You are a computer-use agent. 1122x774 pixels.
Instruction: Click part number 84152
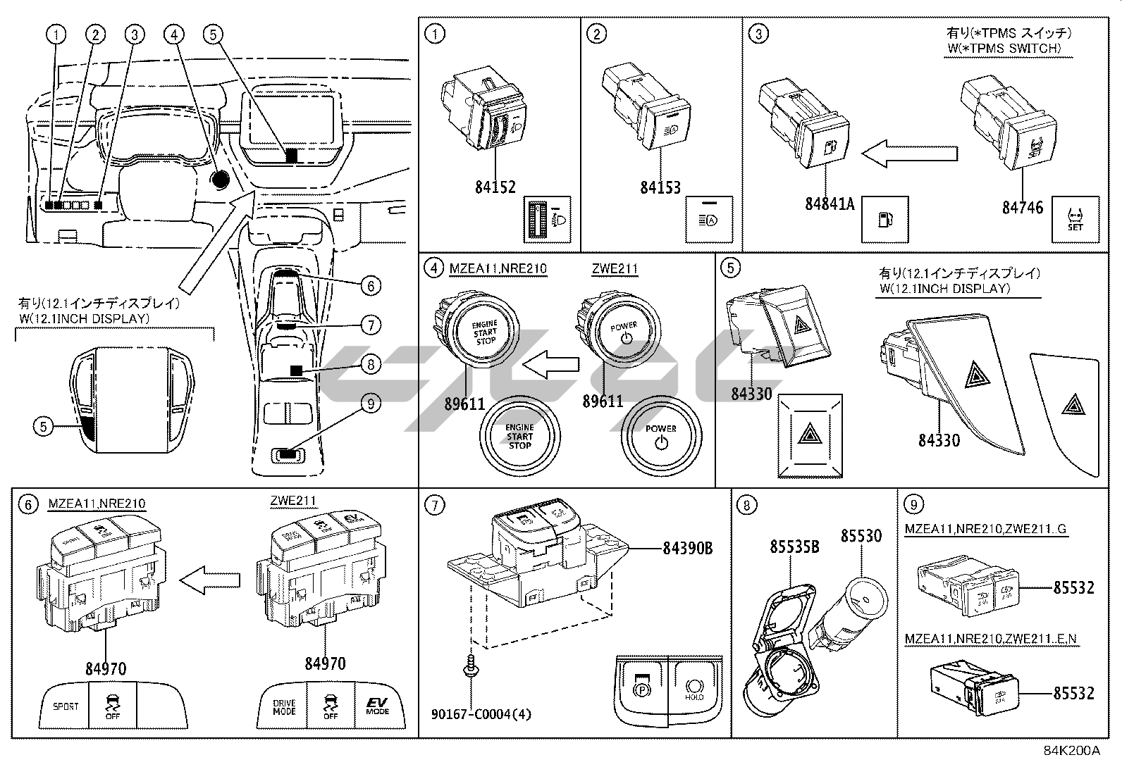coord(495,187)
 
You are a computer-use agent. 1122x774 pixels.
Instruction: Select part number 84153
coord(660,187)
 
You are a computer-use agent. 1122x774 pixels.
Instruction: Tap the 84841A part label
coord(830,204)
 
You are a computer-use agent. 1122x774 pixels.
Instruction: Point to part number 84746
coord(1023,207)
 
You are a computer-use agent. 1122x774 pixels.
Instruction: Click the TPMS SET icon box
coord(1075,219)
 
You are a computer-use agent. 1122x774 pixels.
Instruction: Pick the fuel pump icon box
coord(885,219)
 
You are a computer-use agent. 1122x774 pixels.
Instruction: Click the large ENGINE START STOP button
coord(519,436)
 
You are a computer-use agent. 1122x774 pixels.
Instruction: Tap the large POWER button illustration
coord(660,436)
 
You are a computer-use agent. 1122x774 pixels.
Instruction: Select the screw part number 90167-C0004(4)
coord(481,714)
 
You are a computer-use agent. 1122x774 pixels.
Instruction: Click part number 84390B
coord(687,547)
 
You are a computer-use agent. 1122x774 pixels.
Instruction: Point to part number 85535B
coord(794,546)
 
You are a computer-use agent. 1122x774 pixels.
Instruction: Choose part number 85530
coord(861,536)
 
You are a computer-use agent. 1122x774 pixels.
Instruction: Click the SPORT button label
coord(66,706)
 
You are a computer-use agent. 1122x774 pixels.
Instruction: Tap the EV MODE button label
coord(377,706)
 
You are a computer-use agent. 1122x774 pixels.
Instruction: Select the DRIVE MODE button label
coord(284,706)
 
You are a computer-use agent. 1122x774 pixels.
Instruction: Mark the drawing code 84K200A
coord(1071,750)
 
